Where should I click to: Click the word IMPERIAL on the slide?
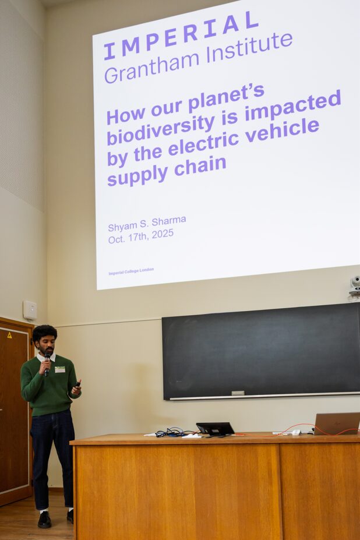coord(181,36)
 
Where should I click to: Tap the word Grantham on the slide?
coord(152,66)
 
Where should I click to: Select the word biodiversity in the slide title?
coord(161,129)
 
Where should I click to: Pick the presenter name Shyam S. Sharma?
coord(147,223)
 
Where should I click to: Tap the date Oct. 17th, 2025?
coord(141,237)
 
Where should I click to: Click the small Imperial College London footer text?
coord(131,271)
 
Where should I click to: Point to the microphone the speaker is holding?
coord(47,363)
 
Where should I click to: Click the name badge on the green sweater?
coord(60,369)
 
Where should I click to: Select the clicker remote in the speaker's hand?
coord(77,384)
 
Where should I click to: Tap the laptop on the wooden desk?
coord(337,423)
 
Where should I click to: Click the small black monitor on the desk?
coord(216,429)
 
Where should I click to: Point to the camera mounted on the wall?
coord(355,285)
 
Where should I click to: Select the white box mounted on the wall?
coord(30,310)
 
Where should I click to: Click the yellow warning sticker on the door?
coord(9,335)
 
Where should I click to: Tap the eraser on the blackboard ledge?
coord(238,393)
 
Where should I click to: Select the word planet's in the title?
coord(227,98)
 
